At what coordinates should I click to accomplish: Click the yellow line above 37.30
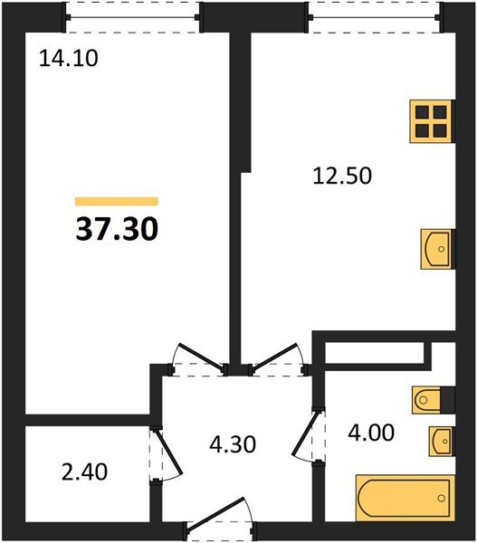[x=117, y=202]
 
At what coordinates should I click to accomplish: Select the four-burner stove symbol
[x=432, y=121]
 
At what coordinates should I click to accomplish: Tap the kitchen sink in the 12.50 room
[x=436, y=246]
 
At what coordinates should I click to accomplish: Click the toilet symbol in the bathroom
[x=431, y=398]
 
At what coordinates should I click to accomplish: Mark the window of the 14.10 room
[x=132, y=15]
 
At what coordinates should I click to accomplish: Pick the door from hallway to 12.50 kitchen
[x=280, y=357]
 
